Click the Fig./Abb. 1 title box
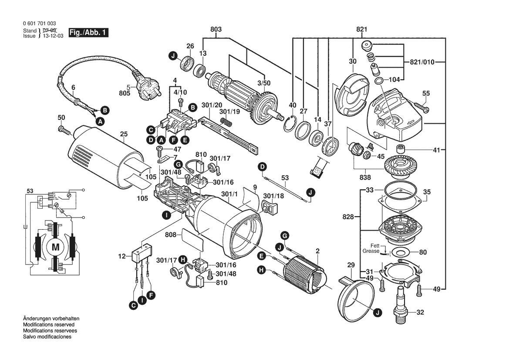(x=87, y=33)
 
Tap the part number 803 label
(x=216, y=29)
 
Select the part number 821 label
(x=361, y=29)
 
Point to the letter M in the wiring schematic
(x=55, y=247)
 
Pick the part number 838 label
(x=365, y=177)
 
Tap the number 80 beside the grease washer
(x=422, y=252)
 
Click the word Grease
(x=371, y=251)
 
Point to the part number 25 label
(x=124, y=133)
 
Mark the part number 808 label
(x=170, y=235)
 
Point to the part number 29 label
(x=351, y=265)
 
